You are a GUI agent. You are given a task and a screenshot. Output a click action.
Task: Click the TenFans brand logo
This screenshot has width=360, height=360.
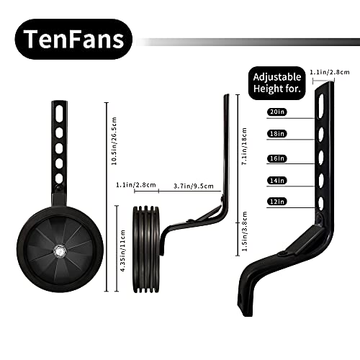73,39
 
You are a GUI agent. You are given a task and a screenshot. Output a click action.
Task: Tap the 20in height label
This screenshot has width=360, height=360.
277,112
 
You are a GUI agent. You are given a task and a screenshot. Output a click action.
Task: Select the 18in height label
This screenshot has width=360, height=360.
277,134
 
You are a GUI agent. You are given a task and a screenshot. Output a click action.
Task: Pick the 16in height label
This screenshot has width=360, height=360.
277,158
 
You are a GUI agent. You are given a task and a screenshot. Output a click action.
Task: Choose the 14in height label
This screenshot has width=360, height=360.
277,181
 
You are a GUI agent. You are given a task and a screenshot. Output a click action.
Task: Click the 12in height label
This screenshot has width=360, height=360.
277,202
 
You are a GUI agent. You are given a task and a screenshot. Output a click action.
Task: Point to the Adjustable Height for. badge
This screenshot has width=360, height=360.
276,83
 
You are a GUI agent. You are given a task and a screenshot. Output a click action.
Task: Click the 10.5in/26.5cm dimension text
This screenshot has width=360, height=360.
114,141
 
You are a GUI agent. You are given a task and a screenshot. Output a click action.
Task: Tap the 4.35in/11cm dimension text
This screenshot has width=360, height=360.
122,251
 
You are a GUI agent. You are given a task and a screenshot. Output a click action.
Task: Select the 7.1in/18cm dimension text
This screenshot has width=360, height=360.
244,146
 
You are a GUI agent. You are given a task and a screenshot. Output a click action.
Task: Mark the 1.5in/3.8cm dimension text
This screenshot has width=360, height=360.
244,231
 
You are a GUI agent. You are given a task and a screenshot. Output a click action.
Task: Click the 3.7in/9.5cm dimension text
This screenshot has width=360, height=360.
194,186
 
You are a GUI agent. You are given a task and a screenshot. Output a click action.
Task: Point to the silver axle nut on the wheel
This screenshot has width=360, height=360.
60,251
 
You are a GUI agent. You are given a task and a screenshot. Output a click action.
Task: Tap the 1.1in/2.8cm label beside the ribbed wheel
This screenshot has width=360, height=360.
136,185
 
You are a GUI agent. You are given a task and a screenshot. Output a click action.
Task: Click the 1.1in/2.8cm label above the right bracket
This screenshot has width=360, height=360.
330,72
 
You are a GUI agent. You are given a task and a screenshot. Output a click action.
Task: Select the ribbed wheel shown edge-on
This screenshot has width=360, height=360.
146,249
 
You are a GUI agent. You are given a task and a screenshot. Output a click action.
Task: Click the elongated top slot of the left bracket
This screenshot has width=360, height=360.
59,114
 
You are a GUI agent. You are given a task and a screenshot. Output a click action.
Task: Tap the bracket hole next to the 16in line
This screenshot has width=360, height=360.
320,157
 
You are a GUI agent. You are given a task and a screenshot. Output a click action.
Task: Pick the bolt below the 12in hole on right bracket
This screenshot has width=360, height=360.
319,219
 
